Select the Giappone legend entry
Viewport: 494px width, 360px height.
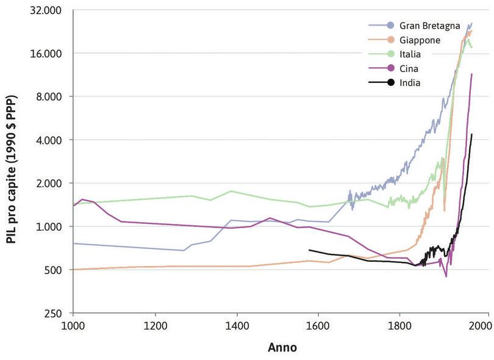420,40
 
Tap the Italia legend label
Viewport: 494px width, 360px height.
410,54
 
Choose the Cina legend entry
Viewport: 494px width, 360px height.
409,68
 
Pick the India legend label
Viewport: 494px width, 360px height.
410,82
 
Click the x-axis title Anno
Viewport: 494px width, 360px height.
282,348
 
